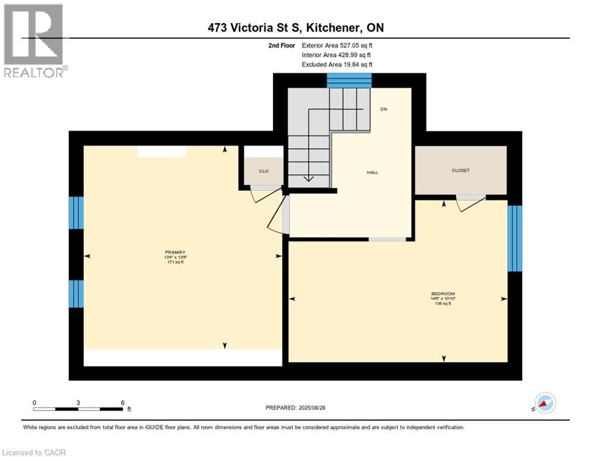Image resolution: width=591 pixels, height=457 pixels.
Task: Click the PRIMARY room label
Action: pyautogui.click(x=175, y=252)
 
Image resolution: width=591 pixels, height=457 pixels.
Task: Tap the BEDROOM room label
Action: pyautogui.click(x=443, y=294)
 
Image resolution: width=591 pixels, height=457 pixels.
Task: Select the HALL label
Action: pyautogui.click(x=372, y=173)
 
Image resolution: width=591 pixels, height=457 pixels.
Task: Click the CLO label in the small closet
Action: pyautogui.click(x=263, y=171)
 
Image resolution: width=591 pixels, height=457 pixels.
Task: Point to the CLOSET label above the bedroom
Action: pyautogui.click(x=460, y=171)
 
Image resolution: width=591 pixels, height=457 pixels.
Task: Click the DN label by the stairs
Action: pyautogui.click(x=383, y=109)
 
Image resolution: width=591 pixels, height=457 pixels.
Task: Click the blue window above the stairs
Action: pyautogui.click(x=349, y=80)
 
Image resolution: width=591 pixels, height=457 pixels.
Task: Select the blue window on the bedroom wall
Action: pyautogui.click(x=514, y=238)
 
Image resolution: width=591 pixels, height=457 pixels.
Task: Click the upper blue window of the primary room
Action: pyautogui.click(x=76, y=212)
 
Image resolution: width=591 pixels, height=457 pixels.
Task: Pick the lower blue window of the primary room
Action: pyautogui.click(x=76, y=294)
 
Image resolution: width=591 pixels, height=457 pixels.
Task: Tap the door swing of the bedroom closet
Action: pyautogui.click(x=470, y=203)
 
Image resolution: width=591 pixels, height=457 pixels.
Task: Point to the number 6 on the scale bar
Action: pyautogui.click(x=122, y=402)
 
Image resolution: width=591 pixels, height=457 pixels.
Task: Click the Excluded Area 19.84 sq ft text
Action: pyautogui.click(x=337, y=64)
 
